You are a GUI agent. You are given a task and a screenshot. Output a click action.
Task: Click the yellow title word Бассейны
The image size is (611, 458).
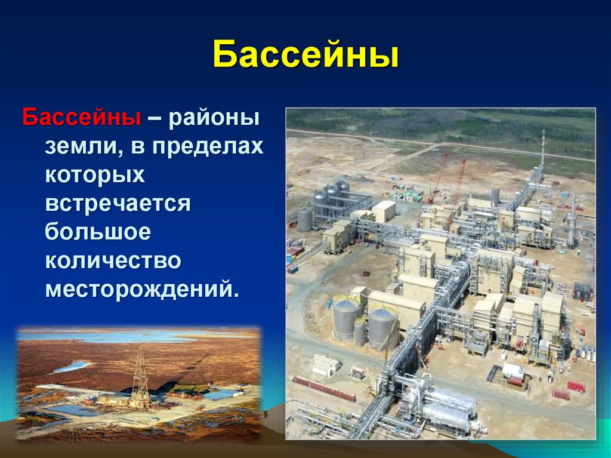[306, 54]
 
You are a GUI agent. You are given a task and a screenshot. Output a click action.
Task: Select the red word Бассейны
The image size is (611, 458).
[81, 117]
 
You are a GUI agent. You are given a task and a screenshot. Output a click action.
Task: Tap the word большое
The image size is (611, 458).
[98, 232]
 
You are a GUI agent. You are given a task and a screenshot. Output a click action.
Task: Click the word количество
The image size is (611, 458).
[113, 260]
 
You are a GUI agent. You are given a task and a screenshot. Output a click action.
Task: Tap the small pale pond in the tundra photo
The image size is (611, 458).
[72, 366]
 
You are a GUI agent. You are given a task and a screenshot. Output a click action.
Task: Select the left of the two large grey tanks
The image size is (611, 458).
[345, 318]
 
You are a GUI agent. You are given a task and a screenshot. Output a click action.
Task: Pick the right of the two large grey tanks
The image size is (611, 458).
[384, 328]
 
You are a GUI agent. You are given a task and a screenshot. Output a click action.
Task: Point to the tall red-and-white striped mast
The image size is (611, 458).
[543, 149]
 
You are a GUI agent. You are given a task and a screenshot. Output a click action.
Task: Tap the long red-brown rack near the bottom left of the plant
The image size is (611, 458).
[324, 389]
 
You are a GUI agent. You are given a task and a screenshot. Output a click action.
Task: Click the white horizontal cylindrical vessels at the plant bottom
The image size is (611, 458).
[448, 405]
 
